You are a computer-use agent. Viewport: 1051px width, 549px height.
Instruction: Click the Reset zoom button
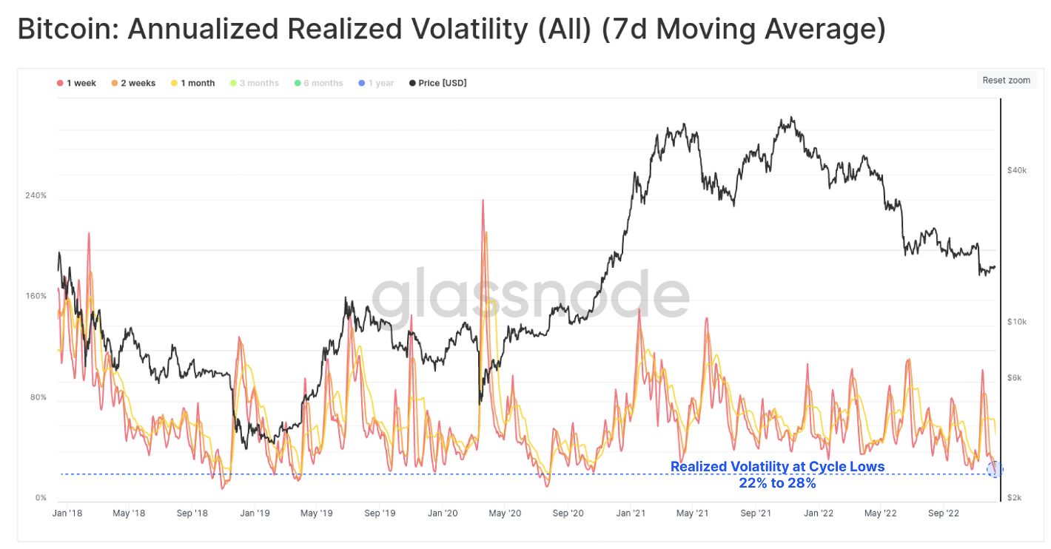[1006, 80]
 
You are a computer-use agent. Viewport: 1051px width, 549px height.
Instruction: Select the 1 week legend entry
[77, 83]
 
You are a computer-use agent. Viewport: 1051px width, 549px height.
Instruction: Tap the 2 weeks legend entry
[133, 83]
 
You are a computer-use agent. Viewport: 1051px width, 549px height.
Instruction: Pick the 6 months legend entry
[319, 83]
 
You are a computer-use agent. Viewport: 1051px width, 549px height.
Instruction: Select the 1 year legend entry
[377, 83]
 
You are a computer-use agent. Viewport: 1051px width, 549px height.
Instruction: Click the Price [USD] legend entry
[438, 83]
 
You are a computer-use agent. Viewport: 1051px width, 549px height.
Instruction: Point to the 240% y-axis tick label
[36, 195]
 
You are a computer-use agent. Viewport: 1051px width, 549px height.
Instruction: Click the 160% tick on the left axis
[36, 296]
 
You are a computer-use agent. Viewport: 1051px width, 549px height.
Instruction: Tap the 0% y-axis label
[41, 498]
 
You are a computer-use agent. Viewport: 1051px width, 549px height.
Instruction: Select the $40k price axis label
[1017, 170]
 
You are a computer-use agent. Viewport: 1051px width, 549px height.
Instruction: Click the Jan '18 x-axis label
[67, 512]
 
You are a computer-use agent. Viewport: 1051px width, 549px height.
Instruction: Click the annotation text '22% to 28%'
[777, 483]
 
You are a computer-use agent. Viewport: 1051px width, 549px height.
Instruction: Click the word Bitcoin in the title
[67, 30]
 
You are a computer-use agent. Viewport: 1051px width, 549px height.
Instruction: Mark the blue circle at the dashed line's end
[995, 469]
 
